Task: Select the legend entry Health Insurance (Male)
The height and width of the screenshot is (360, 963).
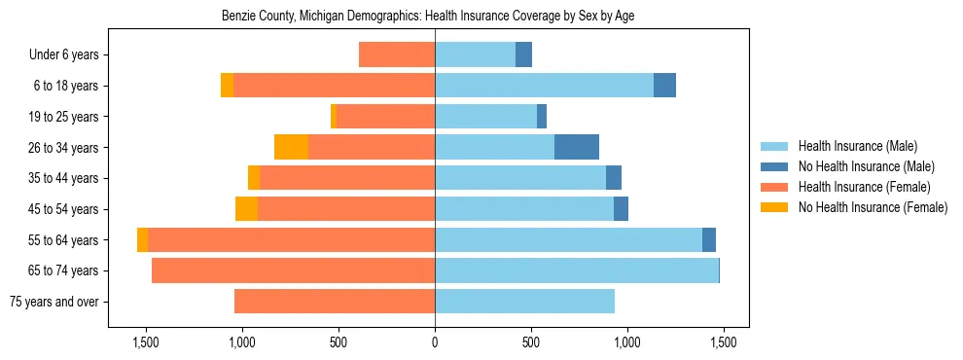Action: [857, 146]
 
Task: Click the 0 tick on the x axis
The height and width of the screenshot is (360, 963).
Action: [435, 343]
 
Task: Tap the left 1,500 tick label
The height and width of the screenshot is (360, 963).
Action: [146, 343]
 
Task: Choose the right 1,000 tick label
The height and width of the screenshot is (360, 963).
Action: [627, 343]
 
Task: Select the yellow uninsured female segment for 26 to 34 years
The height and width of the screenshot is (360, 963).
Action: [291, 148]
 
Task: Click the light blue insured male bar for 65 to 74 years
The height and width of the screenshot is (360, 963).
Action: [577, 270]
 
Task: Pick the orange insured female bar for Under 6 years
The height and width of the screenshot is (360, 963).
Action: [397, 55]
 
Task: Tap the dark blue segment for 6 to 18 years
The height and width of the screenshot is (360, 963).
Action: [664, 86]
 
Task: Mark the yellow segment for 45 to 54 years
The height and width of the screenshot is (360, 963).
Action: [246, 209]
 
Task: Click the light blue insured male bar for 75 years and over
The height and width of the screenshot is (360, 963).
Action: [524, 302]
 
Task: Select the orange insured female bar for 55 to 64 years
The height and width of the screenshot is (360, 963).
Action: [291, 240]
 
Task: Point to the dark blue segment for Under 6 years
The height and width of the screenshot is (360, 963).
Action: [523, 55]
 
